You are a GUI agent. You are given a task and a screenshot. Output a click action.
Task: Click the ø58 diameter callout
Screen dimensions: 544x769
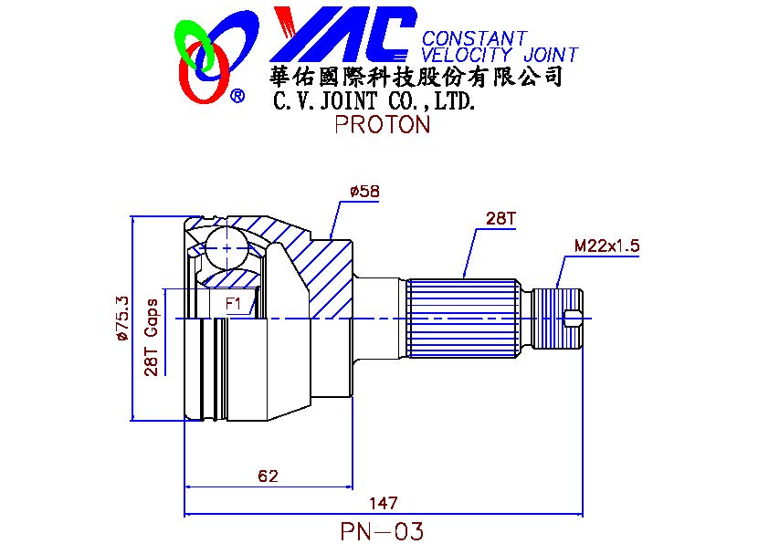tap(363, 192)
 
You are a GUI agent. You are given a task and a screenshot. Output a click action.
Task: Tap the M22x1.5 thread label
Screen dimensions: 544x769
tap(606, 246)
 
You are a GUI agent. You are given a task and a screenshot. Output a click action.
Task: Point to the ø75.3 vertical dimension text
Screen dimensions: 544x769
tap(121, 319)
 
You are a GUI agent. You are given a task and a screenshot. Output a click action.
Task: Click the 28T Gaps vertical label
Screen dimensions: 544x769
tap(152, 337)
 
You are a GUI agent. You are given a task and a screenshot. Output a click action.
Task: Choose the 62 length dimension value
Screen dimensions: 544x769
tap(268, 476)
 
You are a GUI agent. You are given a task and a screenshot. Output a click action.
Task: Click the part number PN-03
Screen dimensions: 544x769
tap(382, 530)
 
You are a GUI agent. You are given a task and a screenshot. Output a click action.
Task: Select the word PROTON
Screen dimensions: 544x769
tap(382, 125)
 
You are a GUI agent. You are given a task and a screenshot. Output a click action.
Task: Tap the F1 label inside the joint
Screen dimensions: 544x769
tap(233, 302)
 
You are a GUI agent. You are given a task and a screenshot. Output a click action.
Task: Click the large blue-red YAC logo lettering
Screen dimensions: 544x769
tap(342, 35)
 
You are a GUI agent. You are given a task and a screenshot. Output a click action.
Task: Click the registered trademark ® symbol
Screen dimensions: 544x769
tap(237, 96)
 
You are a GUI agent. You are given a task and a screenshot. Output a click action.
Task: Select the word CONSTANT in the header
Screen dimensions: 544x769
tap(474, 38)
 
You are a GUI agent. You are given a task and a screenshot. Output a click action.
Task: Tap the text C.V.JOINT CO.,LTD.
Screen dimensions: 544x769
tap(375, 100)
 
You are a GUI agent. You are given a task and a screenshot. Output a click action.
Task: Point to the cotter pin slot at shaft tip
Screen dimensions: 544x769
tap(574, 318)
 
